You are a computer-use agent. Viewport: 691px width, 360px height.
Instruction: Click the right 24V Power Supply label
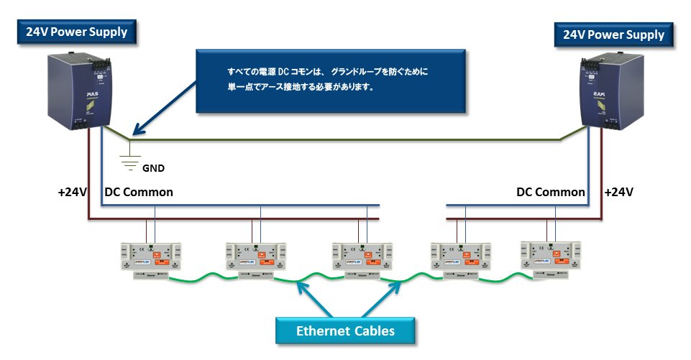click(613, 34)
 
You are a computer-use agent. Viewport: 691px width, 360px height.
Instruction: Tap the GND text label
click(153, 169)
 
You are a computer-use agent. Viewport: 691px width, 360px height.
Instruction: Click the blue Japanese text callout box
click(330, 80)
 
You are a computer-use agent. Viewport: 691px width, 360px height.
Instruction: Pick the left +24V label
click(73, 193)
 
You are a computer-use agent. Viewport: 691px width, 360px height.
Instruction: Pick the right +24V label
click(619, 193)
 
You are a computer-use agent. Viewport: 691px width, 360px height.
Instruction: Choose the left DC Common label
click(139, 193)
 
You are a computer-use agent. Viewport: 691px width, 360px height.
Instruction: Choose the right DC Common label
click(550, 193)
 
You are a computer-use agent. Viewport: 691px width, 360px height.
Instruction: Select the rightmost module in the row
click(550, 259)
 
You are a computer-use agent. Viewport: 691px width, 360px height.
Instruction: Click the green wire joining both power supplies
click(345, 139)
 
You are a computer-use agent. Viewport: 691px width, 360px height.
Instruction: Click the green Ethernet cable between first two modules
click(201, 276)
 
